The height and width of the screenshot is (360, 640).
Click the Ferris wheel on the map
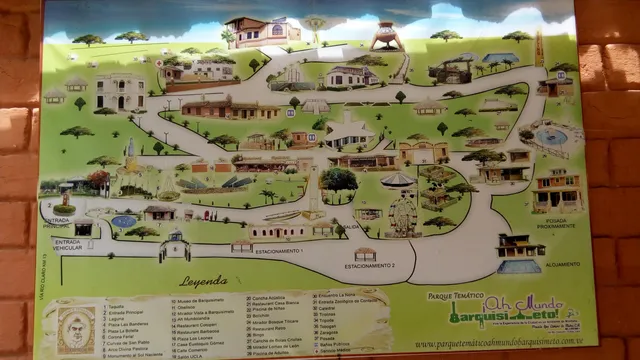pos(403,213)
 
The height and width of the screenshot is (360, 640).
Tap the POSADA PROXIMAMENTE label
pos(556,222)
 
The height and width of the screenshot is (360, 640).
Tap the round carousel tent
pos(398,180)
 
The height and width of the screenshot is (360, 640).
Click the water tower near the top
pos(383,37)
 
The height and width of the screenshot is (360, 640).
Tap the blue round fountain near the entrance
pos(124,220)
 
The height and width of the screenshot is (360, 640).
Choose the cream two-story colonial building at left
pos(121,92)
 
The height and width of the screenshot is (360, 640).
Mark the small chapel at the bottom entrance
pos(175,245)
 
